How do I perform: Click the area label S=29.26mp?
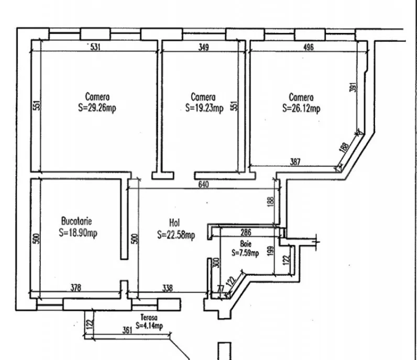[97, 108]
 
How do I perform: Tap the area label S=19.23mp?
[204, 108]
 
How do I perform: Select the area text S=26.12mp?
[301, 108]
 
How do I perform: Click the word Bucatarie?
[76, 221]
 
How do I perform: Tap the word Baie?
[246, 244]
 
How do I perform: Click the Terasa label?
[149, 317]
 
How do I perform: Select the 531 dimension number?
[95, 47]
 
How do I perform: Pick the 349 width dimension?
[204, 47]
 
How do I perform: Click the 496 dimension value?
[309, 47]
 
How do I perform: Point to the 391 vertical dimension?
[353, 87]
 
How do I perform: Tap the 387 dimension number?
[295, 162]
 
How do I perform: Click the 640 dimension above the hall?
[203, 184]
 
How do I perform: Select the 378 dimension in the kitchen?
[76, 288]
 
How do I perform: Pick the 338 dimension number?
[167, 288]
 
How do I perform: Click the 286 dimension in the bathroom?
[246, 232]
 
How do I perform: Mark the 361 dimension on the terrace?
[127, 330]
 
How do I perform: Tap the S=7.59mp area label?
[245, 253]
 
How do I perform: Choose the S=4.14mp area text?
[149, 325]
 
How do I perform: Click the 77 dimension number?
[221, 288]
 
